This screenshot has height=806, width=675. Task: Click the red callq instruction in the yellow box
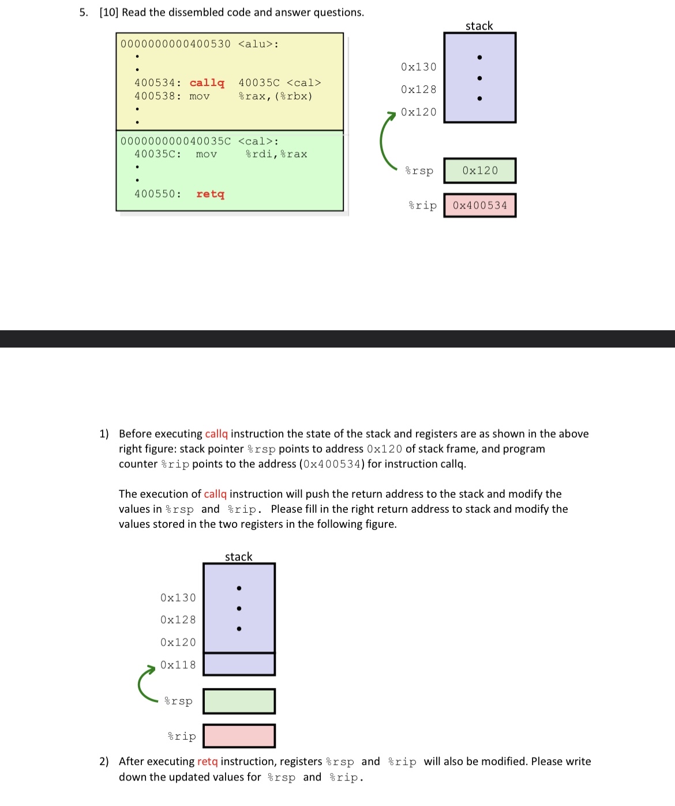(x=207, y=83)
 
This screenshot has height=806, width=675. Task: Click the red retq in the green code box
(x=210, y=194)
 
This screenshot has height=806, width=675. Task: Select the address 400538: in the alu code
(x=157, y=96)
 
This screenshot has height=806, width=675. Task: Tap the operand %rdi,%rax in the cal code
(x=276, y=154)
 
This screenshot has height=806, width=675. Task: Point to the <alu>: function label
(x=258, y=44)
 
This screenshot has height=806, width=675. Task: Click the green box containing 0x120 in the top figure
(x=479, y=171)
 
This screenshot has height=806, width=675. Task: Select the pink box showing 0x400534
(x=479, y=206)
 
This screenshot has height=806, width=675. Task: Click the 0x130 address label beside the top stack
(x=419, y=67)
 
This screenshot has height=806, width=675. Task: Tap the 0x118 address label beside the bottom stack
(x=178, y=665)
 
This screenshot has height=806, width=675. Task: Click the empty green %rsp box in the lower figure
(x=239, y=701)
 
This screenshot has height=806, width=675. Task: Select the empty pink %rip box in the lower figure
(x=239, y=736)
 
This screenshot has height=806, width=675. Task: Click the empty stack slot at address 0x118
(x=239, y=664)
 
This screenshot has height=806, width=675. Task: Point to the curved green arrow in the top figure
(x=383, y=141)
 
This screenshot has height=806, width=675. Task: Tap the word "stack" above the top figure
(x=479, y=26)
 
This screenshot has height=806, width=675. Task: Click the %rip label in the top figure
(x=422, y=206)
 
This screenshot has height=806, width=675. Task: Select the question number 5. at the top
(x=84, y=12)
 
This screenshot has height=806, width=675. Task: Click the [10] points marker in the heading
(x=109, y=12)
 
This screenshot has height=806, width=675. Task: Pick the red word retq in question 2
(x=208, y=762)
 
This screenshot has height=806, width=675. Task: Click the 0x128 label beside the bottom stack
(x=178, y=620)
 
